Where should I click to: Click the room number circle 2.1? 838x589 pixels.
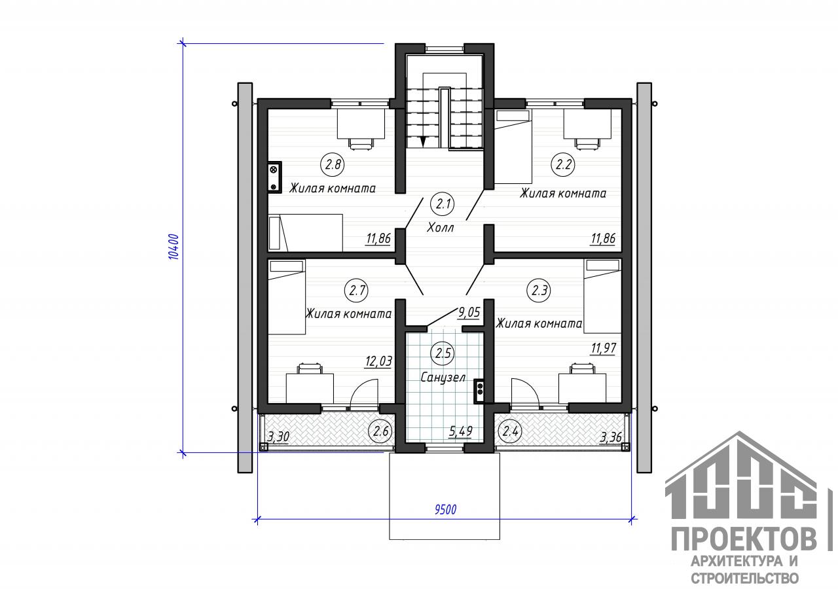pyautogui.click(x=443, y=204)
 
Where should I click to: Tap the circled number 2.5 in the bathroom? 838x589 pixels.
pyautogui.click(x=443, y=353)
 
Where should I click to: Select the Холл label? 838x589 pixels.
pyautogui.click(x=441, y=227)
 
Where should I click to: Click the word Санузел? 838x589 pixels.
pyautogui.click(x=443, y=378)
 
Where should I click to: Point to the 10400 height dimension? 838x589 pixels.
pyautogui.click(x=173, y=247)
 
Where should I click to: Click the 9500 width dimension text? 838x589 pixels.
pyautogui.click(x=445, y=510)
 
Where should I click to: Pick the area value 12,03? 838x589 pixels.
pyautogui.click(x=378, y=361)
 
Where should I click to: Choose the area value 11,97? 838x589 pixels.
pyautogui.click(x=603, y=349)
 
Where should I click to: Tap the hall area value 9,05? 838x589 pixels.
pyautogui.click(x=469, y=312)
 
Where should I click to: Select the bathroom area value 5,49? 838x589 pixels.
pyautogui.click(x=461, y=431)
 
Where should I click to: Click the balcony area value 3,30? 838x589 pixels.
pyautogui.click(x=278, y=437)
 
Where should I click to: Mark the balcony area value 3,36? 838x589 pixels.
pyautogui.click(x=611, y=437)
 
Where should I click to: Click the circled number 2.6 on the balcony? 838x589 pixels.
pyautogui.click(x=381, y=431)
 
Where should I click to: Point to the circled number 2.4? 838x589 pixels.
pyautogui.click(x=510, y=431)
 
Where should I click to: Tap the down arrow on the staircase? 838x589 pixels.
pyautogui.click(x=423, y=141)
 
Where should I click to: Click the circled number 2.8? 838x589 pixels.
pyautogui.click(x=333, y=164)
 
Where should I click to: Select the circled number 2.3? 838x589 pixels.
pyautogui.click(x=539, y=291)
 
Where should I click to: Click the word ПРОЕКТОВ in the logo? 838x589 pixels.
pyautogui.click(x=744, y=539)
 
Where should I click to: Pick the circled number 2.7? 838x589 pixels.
pyautogui.click(x=357, y=291)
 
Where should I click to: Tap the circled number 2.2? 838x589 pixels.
pyautogui.click(x=564, y=164)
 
